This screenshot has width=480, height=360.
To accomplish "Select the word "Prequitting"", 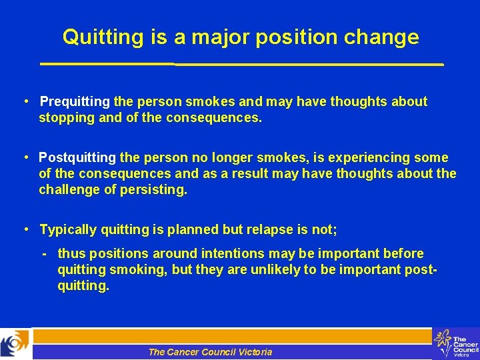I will click(75, 102).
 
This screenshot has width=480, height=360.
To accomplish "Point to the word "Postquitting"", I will click(77, 158).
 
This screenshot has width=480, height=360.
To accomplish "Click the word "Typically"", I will click(68, 230).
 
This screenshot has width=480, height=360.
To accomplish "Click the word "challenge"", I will click(68, 190).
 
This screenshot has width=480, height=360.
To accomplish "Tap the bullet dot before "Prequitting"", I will click(24, 102).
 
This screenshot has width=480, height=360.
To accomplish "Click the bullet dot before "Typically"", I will click(24, 230).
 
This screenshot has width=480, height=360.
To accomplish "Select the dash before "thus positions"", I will click(43, 254).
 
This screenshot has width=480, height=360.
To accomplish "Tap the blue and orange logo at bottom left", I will click(15, 344).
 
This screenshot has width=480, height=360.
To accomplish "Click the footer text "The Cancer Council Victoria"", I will click(210, 352).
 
